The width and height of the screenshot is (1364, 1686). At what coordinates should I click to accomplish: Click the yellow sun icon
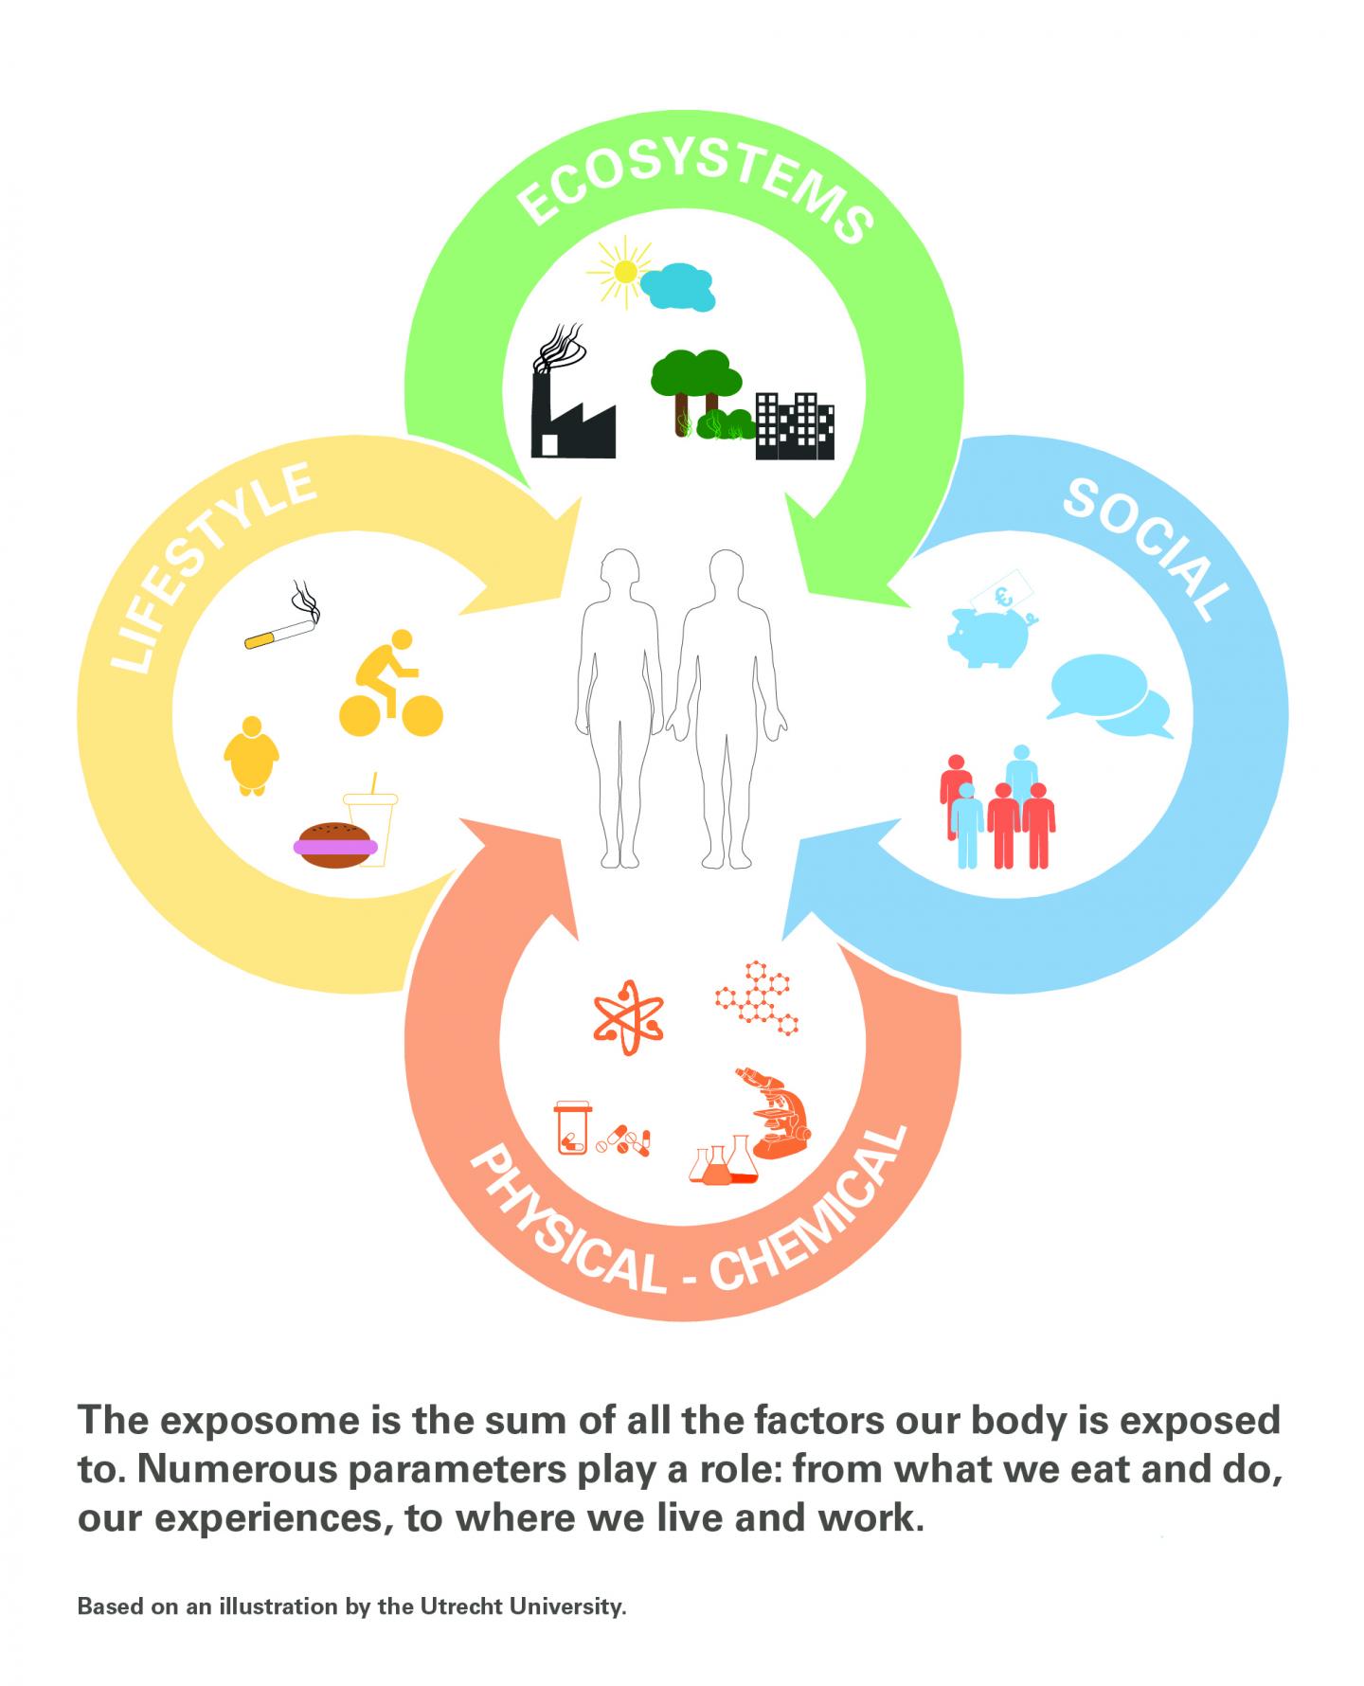tap(623, 272)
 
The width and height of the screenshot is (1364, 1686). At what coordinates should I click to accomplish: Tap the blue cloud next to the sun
tap(676, 286)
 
